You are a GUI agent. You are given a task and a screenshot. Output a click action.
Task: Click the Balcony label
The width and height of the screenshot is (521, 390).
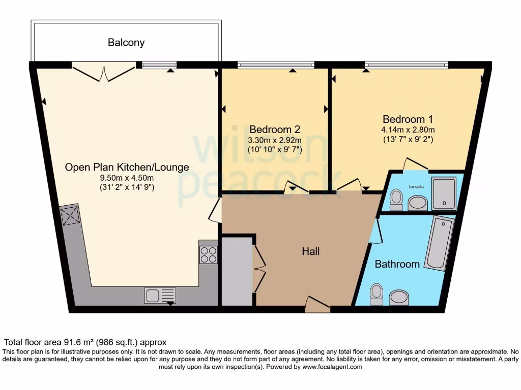coord(126,43)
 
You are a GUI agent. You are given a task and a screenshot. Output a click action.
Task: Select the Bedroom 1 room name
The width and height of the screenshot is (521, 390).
coord(408,119)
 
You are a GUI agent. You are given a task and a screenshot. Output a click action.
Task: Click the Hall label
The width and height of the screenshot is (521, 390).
coord(311,251)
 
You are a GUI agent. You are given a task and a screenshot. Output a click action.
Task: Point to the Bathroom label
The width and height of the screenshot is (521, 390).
coord(397,264)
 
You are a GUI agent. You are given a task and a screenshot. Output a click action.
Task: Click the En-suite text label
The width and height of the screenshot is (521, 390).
coord(415,187)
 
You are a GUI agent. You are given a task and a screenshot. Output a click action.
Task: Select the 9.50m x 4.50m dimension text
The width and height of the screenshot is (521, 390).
coord(127,177)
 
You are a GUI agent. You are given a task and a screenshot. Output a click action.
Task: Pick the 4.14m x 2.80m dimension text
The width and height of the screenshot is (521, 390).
coord(408,129)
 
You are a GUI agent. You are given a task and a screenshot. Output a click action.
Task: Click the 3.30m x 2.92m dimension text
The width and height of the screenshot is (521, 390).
coord(274,140)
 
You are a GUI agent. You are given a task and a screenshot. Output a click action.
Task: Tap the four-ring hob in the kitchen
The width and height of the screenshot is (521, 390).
coord(209,254)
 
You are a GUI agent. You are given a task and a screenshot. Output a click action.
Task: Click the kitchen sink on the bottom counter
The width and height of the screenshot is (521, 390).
coord(160,295)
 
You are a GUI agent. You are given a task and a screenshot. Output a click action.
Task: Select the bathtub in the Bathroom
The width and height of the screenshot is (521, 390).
coord(439,243)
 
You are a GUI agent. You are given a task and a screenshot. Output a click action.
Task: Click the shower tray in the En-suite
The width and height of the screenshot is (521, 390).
coord(444,193)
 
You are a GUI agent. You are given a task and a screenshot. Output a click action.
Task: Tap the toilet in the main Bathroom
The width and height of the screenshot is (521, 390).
coord(377,294)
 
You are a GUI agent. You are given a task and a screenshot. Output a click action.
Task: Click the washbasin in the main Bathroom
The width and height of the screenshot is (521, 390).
coord(399,297)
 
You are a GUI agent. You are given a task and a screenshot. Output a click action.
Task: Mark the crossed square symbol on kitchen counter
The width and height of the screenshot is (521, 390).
coord(70,215)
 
